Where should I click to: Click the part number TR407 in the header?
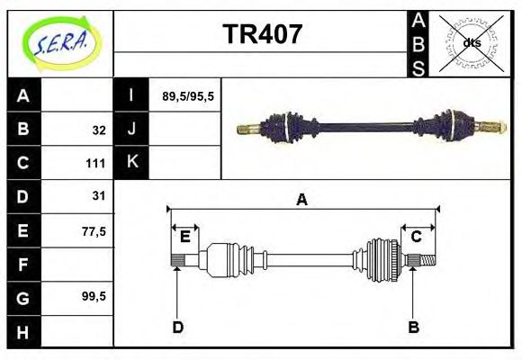(x=262, y=36)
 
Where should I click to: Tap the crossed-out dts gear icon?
(x=471, y=43)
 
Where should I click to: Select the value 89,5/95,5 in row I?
(x=187, y=95)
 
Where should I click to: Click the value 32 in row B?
(x=99, y=130)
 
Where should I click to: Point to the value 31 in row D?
(x=99, y=195)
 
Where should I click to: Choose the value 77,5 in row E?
(x=94, y=230)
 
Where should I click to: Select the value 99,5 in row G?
(x=94, y=296)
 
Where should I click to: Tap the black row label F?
(x=23, y=265)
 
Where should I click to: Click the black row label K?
(x=131, y=162)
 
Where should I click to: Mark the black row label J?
(x=131, y=129)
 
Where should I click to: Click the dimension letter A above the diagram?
(x=302, y=200)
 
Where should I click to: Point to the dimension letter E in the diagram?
(x=184, y=237)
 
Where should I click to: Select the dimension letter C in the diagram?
(x=417, y=237)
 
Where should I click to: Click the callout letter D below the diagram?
(x=177, y=327)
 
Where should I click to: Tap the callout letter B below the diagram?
(x=414, y=327)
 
